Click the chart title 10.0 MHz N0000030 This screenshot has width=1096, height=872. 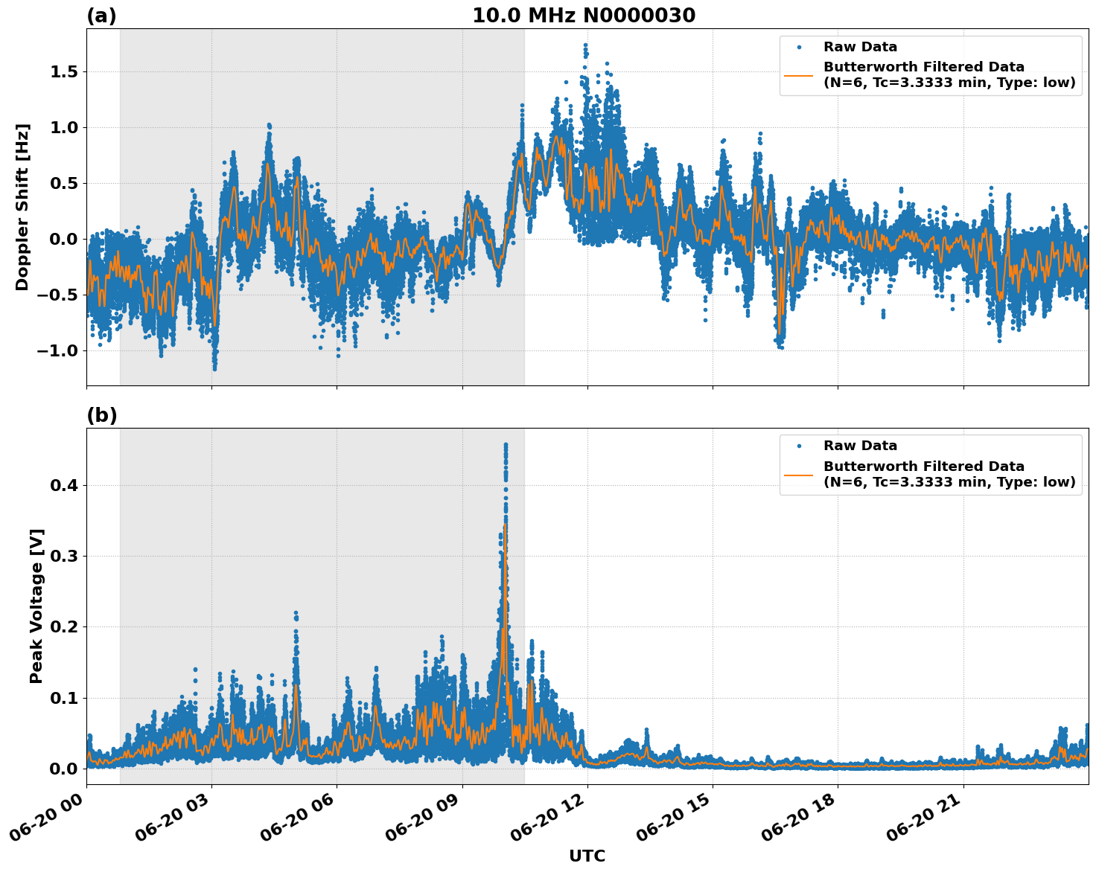[x=584, y=16]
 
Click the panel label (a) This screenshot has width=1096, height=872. [x=101, y=16]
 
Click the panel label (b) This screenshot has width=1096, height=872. [x=102, y=415]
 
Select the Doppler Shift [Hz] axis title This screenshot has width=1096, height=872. [x=22, y=207]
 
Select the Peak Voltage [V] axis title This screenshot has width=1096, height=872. [x=36, y=606]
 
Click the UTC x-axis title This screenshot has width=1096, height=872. [x=587, y=856]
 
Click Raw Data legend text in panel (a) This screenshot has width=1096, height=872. [x=860, y=47]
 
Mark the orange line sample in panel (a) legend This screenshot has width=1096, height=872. [x=798, y=75]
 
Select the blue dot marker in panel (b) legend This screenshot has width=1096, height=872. [x=799, y=446]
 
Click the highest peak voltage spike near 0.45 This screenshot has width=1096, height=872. [x=506, y=445]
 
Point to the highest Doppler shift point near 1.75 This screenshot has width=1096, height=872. [x=585, y=45]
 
